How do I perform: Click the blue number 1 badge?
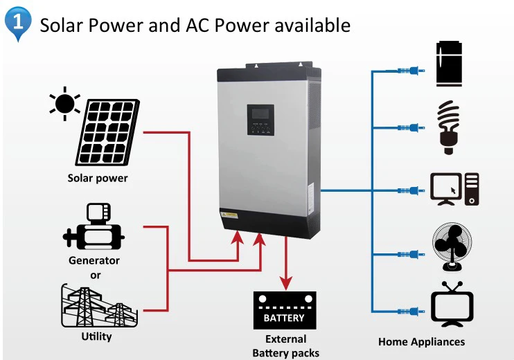[18, 21]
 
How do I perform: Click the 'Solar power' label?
[98, 178]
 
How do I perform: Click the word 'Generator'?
[94, 260]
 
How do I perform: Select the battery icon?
[284, 311]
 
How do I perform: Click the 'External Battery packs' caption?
[285, 346]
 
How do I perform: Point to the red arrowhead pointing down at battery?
[285, 282]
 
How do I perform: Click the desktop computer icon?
[454, 188]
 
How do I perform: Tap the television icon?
[452, 304]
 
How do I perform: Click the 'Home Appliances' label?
[421, 341]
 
